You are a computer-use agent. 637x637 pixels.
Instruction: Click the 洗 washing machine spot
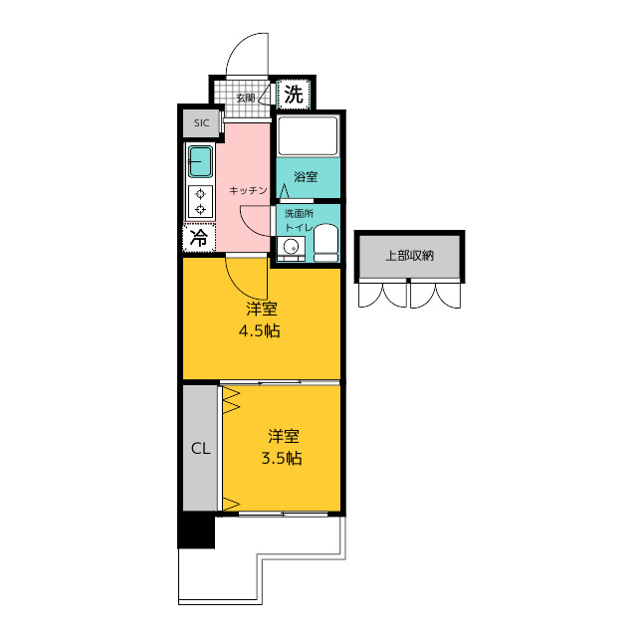[294, 95]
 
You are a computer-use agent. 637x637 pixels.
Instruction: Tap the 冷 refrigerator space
[199, 238]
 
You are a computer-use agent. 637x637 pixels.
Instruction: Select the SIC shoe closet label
[201, 122]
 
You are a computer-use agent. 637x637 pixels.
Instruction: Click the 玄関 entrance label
[246, 98]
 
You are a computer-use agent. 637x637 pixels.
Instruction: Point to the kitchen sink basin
[200, 161]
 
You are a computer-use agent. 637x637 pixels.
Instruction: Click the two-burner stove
[200, 202]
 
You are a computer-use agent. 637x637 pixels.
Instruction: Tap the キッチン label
[248, 190]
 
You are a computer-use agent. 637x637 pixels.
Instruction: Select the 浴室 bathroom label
[306, 177]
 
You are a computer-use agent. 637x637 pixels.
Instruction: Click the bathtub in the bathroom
[308, 135]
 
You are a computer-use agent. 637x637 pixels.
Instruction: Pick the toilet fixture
[326, 243]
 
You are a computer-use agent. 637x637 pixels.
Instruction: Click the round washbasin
[291, 246]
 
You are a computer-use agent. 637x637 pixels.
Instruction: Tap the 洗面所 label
[299, 214]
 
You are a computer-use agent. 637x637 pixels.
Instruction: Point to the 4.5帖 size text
[259, 331]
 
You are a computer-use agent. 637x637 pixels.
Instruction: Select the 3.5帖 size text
[281, 458]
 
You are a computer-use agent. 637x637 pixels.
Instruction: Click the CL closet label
[201, 449]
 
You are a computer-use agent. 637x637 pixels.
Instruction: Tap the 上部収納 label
[409, 256]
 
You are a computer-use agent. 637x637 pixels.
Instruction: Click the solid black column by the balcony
[197, 531]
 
